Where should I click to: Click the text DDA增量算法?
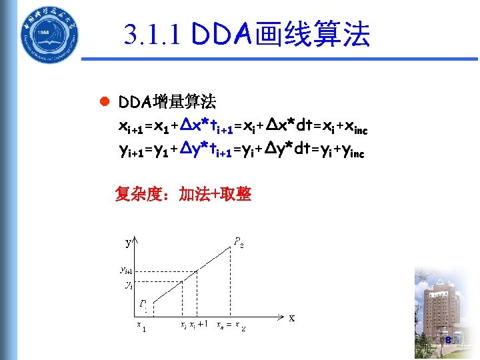pyautogui.click(x=167, y=102)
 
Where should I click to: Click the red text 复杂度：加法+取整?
pyautogui.click(x=183, y=194)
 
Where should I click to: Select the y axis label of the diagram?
pyautogui.click(x=127, y=243)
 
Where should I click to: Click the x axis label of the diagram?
pyautogui.click(x=292, y=317)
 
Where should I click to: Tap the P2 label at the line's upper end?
pyautogui.click(x=238, y=242)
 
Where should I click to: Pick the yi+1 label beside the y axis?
pyautogui.click(x=125, y=270)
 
